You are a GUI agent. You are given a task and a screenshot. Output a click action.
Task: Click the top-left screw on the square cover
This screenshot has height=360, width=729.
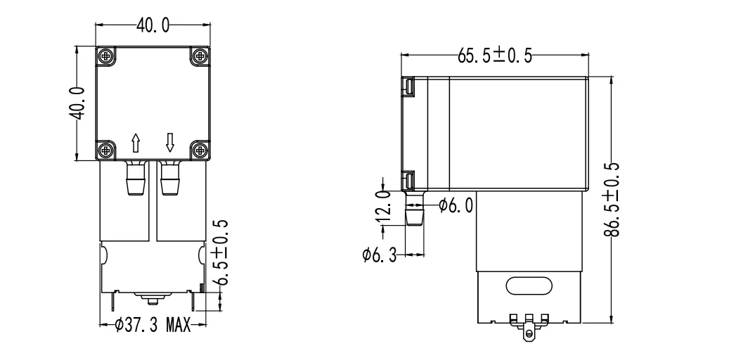point(105,55)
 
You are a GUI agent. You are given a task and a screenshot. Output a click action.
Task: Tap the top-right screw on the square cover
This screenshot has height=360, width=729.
point(200,55)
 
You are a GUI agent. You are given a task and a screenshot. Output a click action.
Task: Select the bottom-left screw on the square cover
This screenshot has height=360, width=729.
point(105,149)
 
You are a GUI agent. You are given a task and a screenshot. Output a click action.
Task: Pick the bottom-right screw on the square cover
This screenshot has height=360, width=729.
point(200,149)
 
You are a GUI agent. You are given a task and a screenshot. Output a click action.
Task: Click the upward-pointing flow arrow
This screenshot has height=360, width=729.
point(136,143)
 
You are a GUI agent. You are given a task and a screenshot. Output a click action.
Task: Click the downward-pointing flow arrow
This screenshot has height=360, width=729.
point(169,143)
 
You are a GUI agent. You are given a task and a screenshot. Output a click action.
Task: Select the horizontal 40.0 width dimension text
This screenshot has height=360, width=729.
point(153,26)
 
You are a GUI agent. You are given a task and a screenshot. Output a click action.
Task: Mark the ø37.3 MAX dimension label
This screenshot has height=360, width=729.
point(152,326)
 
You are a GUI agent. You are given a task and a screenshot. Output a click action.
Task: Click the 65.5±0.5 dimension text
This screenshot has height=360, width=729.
point(494,56)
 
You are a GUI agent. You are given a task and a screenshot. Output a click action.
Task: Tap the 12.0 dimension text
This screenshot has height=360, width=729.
point(383,205)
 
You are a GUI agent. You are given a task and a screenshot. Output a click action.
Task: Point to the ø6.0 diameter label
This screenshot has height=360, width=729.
point(456,205)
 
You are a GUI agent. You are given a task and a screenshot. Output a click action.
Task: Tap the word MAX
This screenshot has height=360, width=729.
point(177,326)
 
